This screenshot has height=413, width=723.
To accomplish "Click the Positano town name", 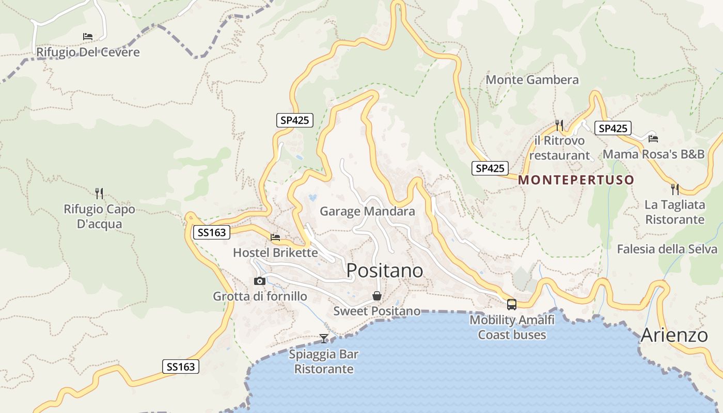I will pos(385,271).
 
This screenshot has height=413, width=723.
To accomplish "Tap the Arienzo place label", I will pos(674,335).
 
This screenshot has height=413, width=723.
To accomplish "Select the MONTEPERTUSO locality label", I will pos(576,180).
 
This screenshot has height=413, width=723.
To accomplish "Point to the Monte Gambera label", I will pos(532,80).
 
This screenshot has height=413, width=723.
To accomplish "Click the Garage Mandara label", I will pos(367,211).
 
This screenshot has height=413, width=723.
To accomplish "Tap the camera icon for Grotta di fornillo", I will pos(260,281).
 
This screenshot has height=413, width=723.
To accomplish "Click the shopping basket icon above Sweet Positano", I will pos(377,296).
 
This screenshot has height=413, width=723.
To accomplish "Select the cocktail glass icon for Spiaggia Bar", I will pos(324,339).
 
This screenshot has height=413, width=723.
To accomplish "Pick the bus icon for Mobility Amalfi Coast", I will pos(512,305).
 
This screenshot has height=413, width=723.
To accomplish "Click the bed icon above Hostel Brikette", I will pos(275,237).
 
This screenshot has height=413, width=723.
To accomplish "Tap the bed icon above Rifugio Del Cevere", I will pos(88,37).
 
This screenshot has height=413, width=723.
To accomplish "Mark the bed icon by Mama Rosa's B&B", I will pos(653,138).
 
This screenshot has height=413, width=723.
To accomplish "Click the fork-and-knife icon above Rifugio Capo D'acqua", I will pos(99,194).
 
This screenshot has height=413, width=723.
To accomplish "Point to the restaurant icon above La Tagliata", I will pos(675,189).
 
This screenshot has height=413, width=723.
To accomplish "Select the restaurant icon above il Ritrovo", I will pos(559,125).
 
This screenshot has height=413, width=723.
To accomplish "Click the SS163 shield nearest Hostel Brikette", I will pos(211,232).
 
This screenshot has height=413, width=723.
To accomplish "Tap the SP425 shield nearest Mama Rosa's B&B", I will pos(612,128).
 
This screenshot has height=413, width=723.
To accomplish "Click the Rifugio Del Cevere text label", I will pos(88,53).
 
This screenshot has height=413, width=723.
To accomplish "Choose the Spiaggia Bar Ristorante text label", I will pos(324,362).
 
